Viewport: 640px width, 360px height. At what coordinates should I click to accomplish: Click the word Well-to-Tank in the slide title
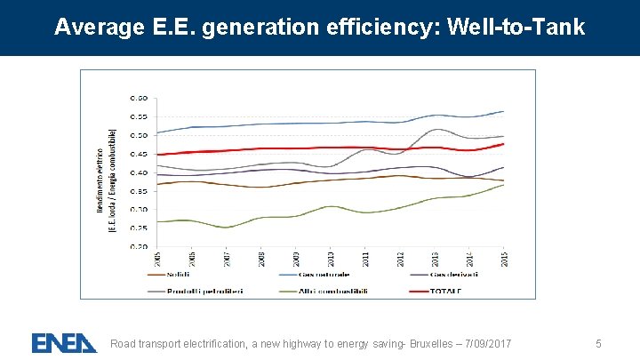click(517, 28)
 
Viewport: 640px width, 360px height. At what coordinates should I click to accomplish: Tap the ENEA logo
click(64, 342)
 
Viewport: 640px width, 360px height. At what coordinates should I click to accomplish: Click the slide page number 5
click(599, 343)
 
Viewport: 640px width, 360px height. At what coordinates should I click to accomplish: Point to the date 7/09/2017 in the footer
click(488, 343)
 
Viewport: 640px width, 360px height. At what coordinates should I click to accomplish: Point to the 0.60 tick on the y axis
click(140, 98)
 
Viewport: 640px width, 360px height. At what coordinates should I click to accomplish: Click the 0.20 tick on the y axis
click(140, 247)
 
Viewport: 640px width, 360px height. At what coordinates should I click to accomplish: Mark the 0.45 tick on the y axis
click(140, 154)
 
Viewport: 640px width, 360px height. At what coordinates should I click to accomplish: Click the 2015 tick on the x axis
click(503, 258)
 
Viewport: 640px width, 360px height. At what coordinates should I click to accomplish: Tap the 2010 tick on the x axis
click(330, 258)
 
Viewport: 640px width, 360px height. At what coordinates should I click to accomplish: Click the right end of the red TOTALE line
click(503, 144)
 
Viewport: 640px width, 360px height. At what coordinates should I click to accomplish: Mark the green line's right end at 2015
click(503, 185)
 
